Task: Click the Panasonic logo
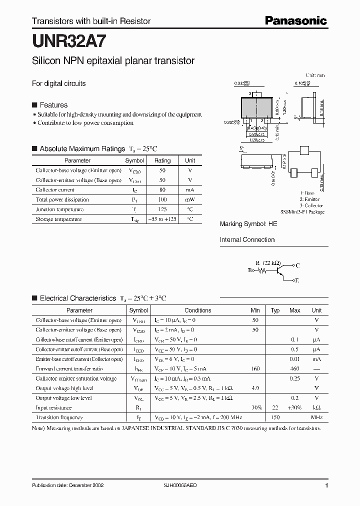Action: [x=295, y=20]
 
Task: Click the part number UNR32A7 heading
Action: [x=63, y=39]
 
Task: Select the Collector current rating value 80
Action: [x=162, y=190]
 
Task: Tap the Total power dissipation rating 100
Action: [x=162, y=199]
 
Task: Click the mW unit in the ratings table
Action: [x=190, y=199]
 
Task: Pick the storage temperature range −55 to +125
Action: [x=162, y=219]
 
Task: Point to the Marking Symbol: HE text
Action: [x=248, y=224]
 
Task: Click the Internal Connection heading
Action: [x=247, y=240]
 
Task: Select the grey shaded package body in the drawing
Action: [x=257, y=108]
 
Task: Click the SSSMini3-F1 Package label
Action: [x=302, y=212]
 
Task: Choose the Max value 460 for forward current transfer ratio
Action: [x=295, y=369]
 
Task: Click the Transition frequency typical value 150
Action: [x=275, y=417]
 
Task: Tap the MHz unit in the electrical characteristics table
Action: [x=316, y=417]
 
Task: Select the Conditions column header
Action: [x=198, y=310]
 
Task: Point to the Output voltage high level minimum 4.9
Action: [x=255, y=388]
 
